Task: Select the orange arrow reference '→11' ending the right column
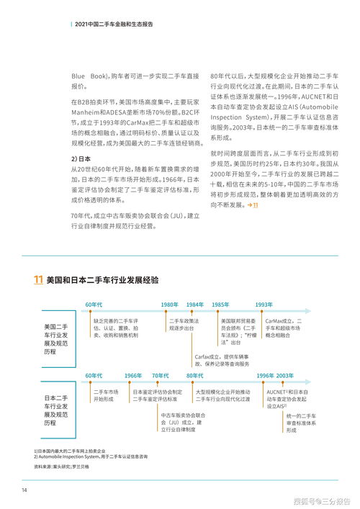tap(252, 206)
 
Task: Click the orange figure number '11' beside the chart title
tap(37, 279)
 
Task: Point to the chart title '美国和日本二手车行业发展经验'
tap(102, 279)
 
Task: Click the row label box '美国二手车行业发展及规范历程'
tap(56, 337)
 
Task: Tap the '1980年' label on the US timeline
tap(170, 304)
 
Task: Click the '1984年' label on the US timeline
tap(195, 304)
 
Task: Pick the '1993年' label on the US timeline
tap(264, 304)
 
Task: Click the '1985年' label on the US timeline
tap(220, 304)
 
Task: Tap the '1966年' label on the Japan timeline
tap(132, 376)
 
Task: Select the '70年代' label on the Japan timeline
tap(160, 376)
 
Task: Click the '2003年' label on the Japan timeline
tap(285, 376)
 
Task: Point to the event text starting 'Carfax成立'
tap(222, 360)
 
